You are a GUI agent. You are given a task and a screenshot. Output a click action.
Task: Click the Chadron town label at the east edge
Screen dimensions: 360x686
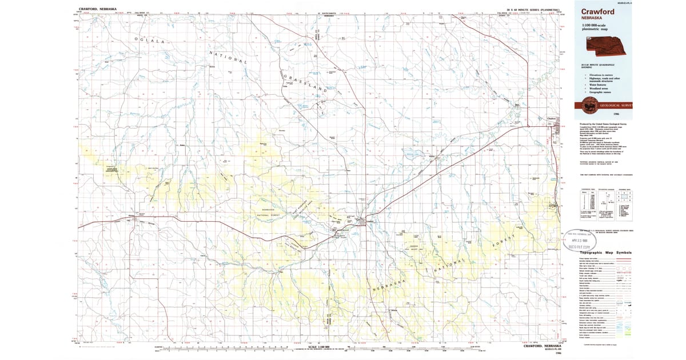(551, 119)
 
